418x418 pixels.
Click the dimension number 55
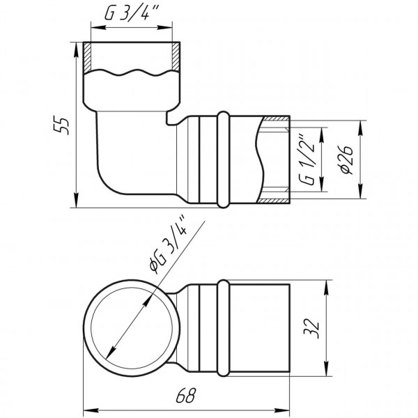pyautogui.click(x=63, y=125)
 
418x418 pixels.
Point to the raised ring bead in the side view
pyautogui.click(x=224, y=159)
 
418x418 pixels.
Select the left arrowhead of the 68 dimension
pyautogui.click(x=88, y=408)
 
